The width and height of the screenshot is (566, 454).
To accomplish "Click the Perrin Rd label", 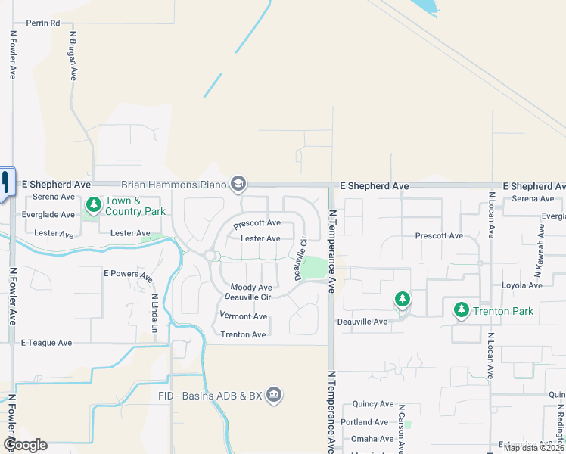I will click(x=42, y=23).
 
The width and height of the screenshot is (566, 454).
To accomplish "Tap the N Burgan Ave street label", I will click(x=73, y=55).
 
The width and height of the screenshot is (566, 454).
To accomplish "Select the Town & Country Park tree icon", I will click(x=93, y=204).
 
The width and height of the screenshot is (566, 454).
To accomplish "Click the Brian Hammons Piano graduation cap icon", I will click(x=239, y=185).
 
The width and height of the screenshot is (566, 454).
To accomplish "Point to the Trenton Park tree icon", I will click(x=461, y=310).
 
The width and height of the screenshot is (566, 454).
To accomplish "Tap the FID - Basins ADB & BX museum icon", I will click(x=274, y=394).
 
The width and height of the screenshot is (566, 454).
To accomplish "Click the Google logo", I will click(x=25, y=445).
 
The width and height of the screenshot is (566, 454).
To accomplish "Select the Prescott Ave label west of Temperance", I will click(x=257, y=224).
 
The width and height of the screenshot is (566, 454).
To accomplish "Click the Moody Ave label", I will click(x=251, y=288).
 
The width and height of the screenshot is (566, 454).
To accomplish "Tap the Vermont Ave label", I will click(x=244, y=316).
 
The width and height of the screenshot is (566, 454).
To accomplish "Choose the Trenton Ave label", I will click(x=243, y=334).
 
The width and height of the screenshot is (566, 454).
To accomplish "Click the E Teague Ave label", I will click(x=47, y=343).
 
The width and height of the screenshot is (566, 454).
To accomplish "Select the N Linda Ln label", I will click(x=154, y=313).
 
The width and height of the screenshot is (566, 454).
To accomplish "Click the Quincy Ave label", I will click(x=368, y=404).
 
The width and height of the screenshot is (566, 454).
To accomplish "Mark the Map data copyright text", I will click(x=533, y=447).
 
